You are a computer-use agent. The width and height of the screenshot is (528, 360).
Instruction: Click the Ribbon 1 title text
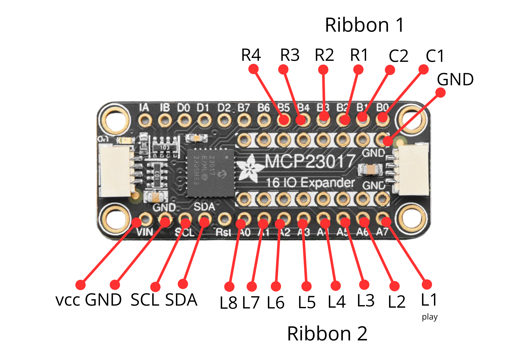[364, 25]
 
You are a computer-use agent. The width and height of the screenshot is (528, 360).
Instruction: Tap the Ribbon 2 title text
[327, 333]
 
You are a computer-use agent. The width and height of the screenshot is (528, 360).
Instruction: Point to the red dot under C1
[423, 69]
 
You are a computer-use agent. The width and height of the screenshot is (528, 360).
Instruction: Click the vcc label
[68, 300]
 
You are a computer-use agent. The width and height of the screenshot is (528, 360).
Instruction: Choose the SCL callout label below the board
[145, 300]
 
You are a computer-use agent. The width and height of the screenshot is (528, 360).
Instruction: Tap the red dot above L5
[306, 286]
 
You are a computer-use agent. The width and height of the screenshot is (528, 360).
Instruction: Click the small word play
[429, 317]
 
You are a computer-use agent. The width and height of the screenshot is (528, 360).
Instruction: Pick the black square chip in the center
[210, 173]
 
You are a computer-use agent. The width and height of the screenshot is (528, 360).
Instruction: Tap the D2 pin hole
[224, 120]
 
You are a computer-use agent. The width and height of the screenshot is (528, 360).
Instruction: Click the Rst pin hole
[224, 219]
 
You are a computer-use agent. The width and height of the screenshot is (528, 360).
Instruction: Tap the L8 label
[228, 303]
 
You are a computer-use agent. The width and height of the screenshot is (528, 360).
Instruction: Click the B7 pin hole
[244, 120]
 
